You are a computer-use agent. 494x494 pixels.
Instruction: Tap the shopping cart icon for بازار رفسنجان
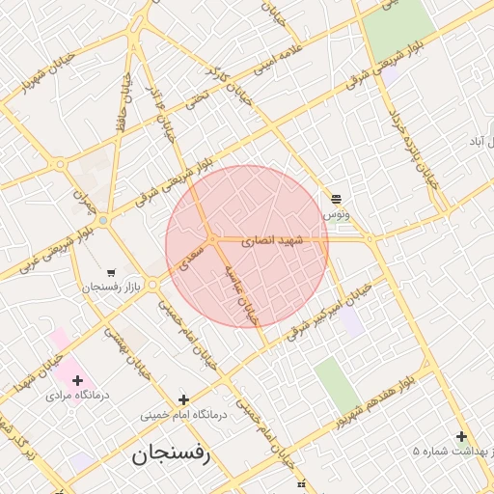tap(112, 273)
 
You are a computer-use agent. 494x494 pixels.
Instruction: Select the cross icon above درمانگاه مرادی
tap(77, 380)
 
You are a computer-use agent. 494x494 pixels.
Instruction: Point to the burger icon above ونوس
tap(336, 198)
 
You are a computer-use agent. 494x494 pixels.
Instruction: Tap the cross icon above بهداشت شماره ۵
tap(461, 436)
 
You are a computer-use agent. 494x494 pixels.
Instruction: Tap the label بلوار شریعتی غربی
tap(43, 249)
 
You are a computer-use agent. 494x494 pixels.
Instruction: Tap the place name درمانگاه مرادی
tap(76, 396)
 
